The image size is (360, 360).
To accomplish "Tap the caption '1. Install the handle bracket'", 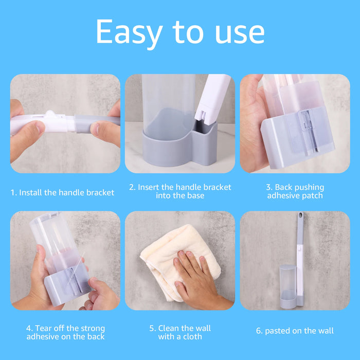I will click(63, 193).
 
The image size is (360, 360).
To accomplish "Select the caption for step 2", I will click(180, 191).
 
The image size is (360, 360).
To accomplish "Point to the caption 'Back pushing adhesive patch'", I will click(295, 191).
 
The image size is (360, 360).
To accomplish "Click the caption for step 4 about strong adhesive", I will click(65, 332).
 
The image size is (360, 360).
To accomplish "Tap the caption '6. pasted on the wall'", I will click(295, 331).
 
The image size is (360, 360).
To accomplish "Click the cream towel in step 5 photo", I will click(165, 252).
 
